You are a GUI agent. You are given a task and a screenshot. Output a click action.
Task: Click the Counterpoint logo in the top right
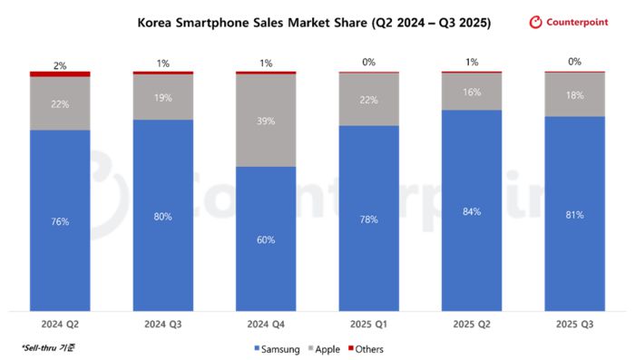(575, 23)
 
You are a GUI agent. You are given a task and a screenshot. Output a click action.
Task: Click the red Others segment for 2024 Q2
(60, 73)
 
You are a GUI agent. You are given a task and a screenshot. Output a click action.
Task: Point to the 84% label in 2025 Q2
(472, 211)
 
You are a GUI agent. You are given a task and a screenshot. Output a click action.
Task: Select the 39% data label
(266, 120)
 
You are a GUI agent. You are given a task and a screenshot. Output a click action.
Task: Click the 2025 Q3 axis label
(574, 323)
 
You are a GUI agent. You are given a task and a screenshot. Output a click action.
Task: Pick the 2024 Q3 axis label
(163, 323)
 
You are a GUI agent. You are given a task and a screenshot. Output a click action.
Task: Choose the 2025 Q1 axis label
(369, 323)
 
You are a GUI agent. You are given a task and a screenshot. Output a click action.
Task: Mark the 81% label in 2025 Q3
(574, 215)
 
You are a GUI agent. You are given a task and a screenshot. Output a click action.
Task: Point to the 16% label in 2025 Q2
(472, 92)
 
